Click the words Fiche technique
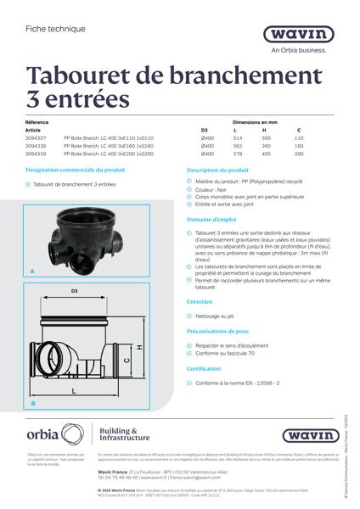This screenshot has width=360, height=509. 49,28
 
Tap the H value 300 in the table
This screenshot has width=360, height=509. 266,137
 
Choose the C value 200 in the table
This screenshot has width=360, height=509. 298,154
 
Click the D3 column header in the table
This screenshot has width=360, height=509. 204,130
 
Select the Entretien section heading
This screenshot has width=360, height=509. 200,301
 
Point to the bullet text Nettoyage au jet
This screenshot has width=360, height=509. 214,316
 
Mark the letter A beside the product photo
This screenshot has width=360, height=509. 32,271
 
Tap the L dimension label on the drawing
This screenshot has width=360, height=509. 75,390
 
